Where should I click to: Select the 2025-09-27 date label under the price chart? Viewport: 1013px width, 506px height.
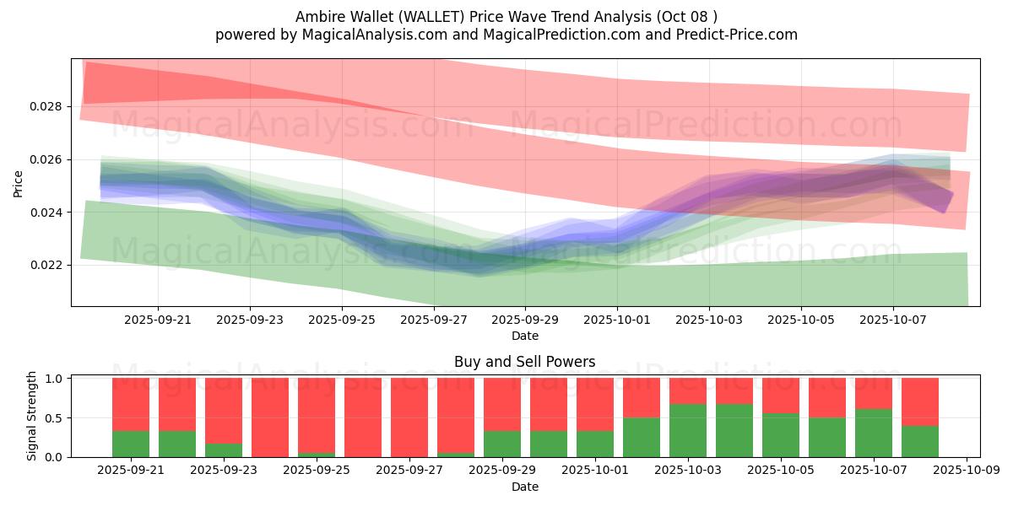pos(433,320)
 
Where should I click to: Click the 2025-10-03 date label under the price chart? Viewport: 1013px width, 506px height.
pos(709,320)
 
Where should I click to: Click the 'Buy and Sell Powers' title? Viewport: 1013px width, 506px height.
pos(524,362)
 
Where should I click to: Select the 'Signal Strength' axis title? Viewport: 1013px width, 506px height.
pos(32,416)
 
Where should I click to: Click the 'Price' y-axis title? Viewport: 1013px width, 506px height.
pos(19,183)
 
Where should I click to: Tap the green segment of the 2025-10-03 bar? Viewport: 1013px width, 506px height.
pos(688,430)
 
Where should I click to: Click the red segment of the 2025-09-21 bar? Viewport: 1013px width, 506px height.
pos(131,404)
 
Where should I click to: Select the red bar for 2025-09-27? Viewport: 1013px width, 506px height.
pos(409,417)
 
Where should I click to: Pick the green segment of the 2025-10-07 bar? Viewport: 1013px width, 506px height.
pos(874,433)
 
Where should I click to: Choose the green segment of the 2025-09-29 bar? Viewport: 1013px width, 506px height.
pos(502,444)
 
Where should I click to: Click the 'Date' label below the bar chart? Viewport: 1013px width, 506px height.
pos(524,487)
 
